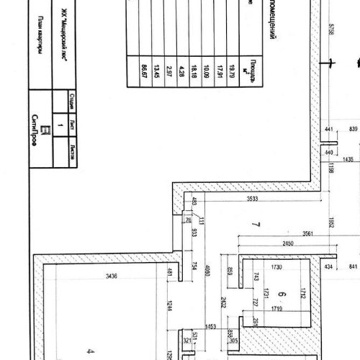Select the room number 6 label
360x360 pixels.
(x=282, y=294)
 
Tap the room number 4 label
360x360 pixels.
(x=90, y=352)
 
